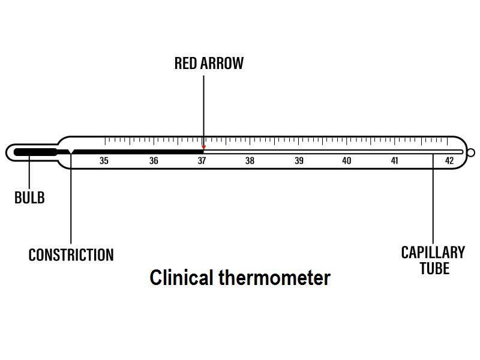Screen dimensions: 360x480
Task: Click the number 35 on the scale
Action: (x=104, y=161)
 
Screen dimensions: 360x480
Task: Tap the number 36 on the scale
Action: (x=154, y=161)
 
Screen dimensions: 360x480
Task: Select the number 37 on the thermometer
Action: (x=202, y=161)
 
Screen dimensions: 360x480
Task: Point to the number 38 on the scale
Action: (x=250, y=161)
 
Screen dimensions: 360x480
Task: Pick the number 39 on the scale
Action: (x=299, y=161)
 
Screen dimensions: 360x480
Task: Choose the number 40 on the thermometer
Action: (x=347, y=161)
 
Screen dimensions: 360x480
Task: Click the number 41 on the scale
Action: (x=394, y=161)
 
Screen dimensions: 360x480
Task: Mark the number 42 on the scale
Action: (x=449, y=161)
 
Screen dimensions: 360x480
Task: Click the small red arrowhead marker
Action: (x=203, y=147)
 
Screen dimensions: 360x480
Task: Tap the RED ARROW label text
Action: (x=209, y=64)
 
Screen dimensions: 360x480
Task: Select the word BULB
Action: (x=29, y=198)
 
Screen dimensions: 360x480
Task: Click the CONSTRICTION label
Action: (x=71, y=255)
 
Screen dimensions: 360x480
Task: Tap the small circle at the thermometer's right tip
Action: (x=471, y=152)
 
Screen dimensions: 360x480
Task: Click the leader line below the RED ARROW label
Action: (x=203, y=108)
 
